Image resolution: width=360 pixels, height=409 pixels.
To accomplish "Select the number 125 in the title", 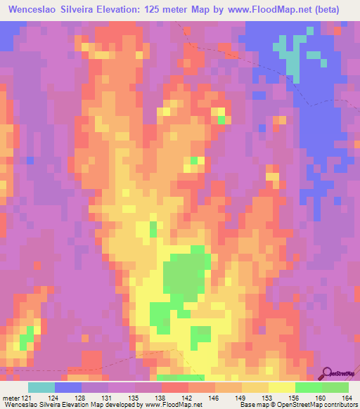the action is (179, 10).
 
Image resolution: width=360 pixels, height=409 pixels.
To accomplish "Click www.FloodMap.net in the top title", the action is (274, 10).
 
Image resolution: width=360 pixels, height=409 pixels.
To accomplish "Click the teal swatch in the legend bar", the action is (41, 387).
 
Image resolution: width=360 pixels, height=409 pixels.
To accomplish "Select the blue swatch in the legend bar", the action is (67, 387).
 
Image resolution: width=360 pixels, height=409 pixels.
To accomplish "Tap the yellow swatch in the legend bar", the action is (281, 387).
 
